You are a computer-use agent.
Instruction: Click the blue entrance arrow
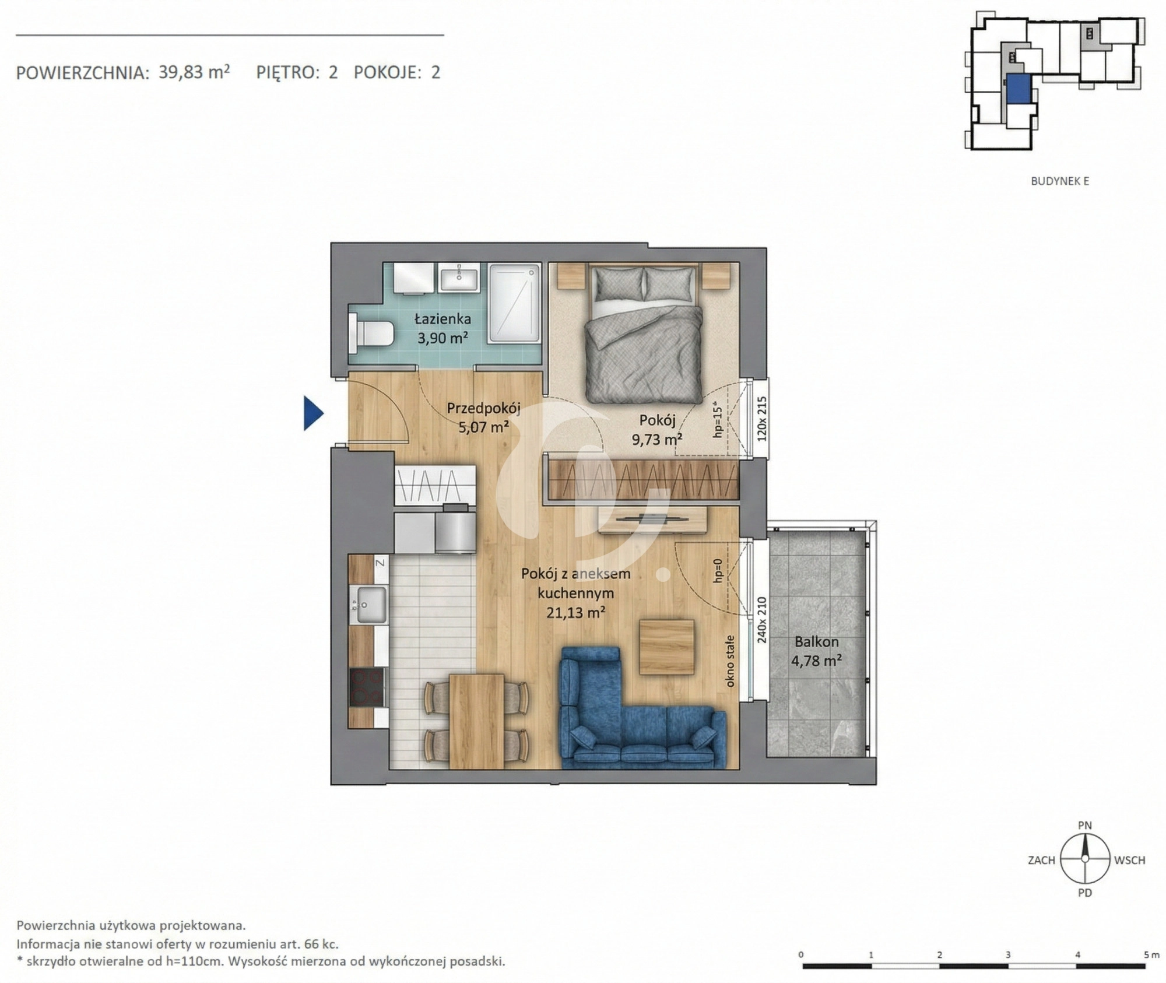(312, 413)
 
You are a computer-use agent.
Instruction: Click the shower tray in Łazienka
(514, 303)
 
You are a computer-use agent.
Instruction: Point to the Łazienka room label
(442, 319)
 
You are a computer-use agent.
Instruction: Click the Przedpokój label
(483, 408)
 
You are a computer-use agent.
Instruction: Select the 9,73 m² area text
(657, 439)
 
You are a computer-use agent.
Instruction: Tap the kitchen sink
(371, 605)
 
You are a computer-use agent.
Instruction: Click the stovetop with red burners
(367, 687)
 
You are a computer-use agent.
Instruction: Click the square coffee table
(667, 647)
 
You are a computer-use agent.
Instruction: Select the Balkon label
(816, 642)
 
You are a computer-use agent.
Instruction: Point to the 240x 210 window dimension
(761, 620)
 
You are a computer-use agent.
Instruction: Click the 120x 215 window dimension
(761, 419)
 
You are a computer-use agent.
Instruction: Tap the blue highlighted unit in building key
(1017, 92)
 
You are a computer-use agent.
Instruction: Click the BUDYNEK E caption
(1060, 181)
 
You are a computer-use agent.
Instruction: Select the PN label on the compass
(1085, 826)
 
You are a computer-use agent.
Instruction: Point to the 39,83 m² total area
(194, 72)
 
